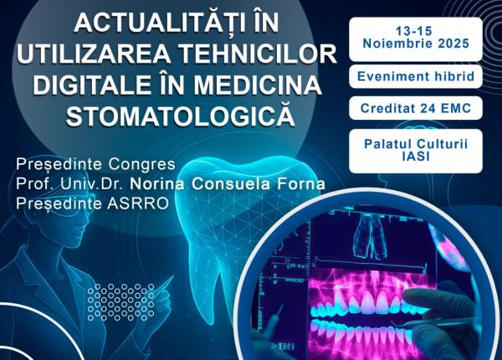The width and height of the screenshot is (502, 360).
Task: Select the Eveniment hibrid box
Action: point(416,76)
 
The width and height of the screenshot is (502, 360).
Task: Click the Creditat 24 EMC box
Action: point(416,108)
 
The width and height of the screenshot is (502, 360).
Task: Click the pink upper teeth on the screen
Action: point(368,298)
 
